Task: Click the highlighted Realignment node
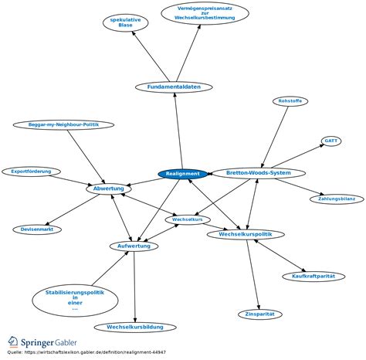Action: point(183,174)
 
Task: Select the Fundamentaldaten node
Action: point(174,87)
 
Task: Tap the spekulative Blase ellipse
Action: point(126,22)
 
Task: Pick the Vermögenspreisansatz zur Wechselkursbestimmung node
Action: point(205,13)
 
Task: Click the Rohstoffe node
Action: point(290,101)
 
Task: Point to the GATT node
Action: point(331,141)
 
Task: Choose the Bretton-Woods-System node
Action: point(259,173)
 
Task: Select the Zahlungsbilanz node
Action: point(337,199)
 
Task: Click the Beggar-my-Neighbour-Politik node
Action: point(63,125)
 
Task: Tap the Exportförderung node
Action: point(31,172)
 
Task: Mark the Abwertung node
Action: point(109,188)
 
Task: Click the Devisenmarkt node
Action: point(37,229)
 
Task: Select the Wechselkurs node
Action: point(188,219)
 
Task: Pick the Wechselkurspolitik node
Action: point(246,234)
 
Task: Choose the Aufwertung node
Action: point(134,246)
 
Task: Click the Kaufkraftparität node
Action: point(313,277)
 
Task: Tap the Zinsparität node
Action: point(260,314)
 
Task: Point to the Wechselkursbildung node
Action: point(135,328)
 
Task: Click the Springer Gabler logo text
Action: point(49,343)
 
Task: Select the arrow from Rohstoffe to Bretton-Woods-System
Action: point(275,137)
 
